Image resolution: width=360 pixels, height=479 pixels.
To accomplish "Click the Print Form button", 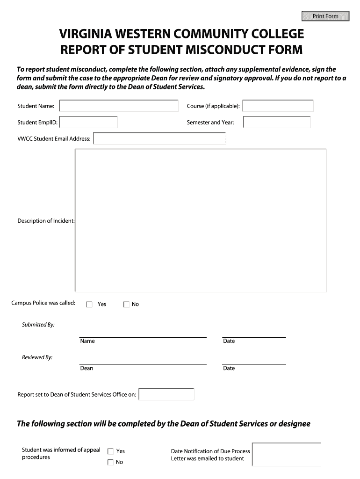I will pyautogui.click(x=325, y=16).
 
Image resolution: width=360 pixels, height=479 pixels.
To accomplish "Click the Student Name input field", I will pyautogui.click(x=119, y=106).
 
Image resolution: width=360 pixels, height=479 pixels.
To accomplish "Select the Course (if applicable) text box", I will pyautogui.click(x=278, y=106).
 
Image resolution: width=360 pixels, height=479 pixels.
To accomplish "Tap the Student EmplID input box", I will pyautogui.click(x=88, y=123).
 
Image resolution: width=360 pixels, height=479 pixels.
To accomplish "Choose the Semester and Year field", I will pyautogui.click(x=277, y=123).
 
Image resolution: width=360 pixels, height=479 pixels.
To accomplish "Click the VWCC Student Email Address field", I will pyautogui.click(x=159, y=139).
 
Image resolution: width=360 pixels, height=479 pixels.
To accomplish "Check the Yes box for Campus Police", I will pyautogui.click(x=90, y=305).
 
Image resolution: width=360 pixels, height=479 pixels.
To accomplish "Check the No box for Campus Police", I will pyautogui.click(x=126, y=305).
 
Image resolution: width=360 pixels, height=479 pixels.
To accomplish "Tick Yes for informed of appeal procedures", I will pyautogui.click(x=111, y=451).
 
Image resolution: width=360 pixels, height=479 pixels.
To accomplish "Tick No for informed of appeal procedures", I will pyautogui.click(x=111, y=463).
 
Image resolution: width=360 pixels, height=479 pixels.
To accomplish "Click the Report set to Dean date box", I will pyautogui.click(x=166, y=394).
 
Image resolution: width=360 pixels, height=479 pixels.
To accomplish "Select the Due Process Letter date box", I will pyautogui.click(x=286, y=455).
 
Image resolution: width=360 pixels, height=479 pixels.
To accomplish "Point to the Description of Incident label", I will pyautogui.click(x=46, y=221).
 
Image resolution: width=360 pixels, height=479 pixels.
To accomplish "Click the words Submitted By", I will pyautogui.click(x=38, y=325).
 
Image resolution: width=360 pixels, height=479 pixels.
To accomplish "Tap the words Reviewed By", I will pyautogui.click(x=37, y=357).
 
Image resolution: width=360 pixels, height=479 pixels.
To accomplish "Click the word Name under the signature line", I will pyautogui.click(x=87, y=341).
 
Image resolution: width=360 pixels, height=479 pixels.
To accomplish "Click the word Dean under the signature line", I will pyautogui.click(x=87, y=368).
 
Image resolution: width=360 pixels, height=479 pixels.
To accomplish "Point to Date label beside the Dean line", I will pyautogui.click(x=229, y=368).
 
